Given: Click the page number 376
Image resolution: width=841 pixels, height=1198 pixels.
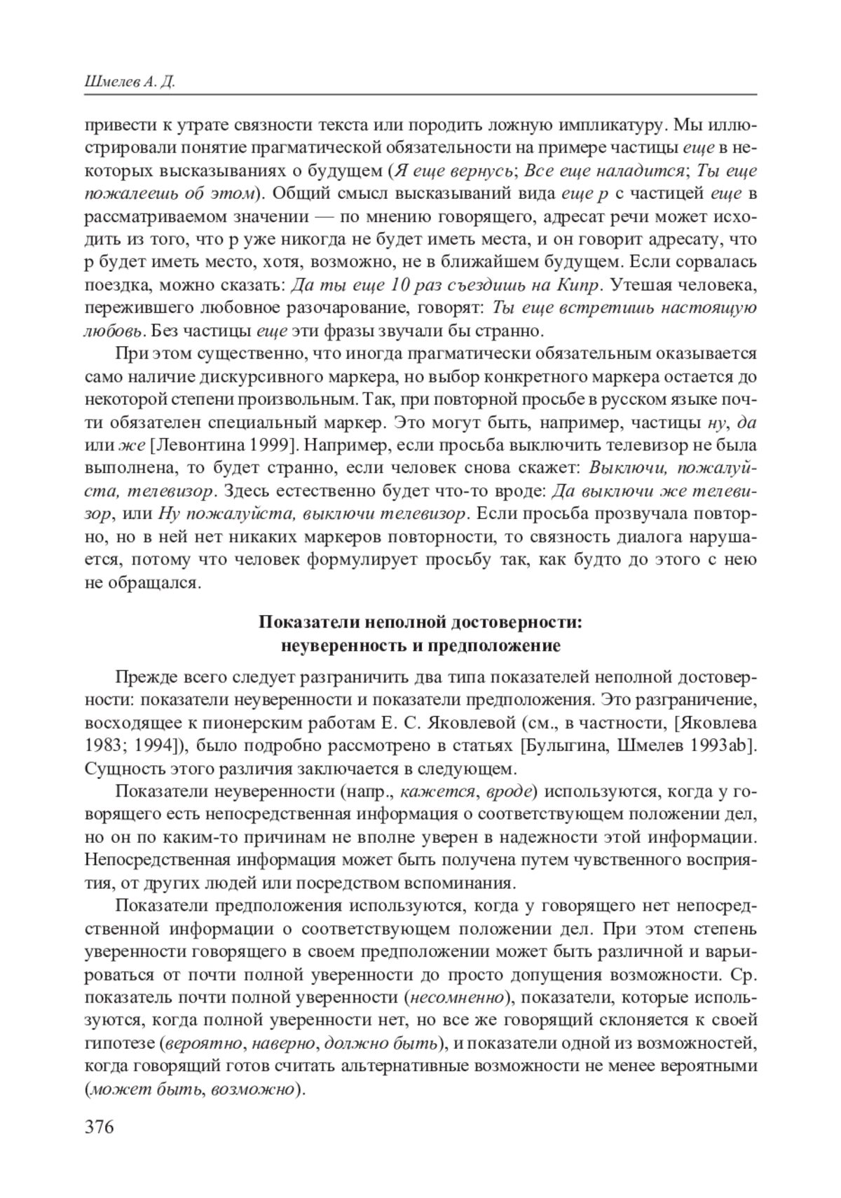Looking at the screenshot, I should point(99,1127).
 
